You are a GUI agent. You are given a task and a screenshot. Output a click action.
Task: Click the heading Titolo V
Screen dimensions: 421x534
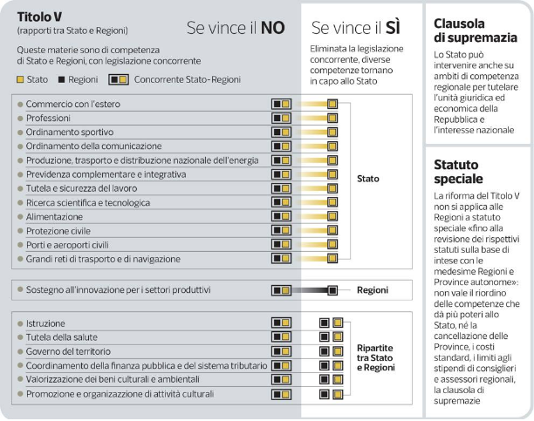[x=39, y=17]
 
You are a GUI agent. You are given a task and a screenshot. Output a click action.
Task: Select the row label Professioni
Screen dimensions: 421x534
[x=50, y=117]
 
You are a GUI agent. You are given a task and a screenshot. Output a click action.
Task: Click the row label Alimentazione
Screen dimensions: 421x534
[x=55, y=216]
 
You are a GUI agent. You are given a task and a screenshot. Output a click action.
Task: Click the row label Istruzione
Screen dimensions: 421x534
[x=47, y=323]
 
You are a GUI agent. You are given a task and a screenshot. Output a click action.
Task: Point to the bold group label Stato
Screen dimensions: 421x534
[x=368, y=180]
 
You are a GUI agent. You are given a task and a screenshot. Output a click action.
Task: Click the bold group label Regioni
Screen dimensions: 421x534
[x=372, y=290]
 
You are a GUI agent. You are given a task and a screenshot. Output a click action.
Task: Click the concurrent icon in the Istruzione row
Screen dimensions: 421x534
[x=281, y=323]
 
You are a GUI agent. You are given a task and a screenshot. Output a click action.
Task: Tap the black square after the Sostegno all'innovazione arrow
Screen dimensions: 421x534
[x=332, y=290]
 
